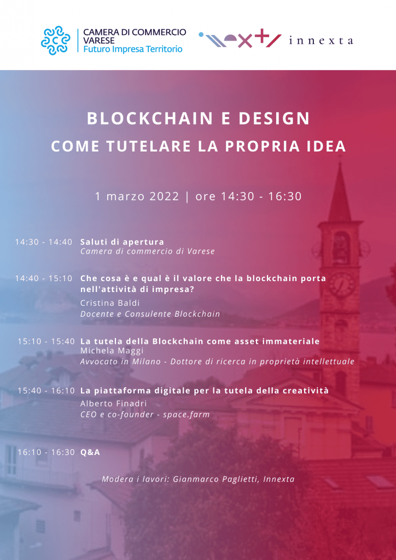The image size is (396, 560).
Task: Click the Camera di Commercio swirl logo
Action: (55, 40)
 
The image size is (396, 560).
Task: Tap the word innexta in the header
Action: (321, 40)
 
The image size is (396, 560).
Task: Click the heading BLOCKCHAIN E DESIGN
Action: (198, 119)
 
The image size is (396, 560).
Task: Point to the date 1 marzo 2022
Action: (137, 196)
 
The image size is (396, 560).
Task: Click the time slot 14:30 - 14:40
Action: (44, 242)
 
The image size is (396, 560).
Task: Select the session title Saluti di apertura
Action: (122, 242)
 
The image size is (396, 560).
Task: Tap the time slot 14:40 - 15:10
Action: (44, 278)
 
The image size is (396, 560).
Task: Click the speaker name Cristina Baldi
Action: (110, 303)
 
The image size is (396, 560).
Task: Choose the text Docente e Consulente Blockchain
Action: (150, 314)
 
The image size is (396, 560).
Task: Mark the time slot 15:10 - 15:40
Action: (46, 341)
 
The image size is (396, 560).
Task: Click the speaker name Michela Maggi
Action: (112, 351)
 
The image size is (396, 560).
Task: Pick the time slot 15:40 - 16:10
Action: (46, 391)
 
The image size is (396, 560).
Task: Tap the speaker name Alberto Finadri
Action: (114, 404)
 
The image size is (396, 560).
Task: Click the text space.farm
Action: (186, 415)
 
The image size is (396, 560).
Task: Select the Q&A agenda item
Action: (90, 452)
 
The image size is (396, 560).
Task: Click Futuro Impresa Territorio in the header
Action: (133, 49)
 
